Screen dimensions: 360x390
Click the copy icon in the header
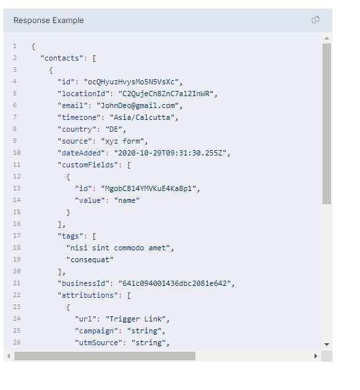pyautogui.click(x=315, y=20)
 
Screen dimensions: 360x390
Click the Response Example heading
pyautogui.click(x=49, y=20)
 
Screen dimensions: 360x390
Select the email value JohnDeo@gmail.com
pyautogui.click(x=138, y=105)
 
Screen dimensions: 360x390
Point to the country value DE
pyautogui.click(x=114, y=129)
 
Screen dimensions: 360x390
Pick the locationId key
pyautogui.click(x=84, y=94)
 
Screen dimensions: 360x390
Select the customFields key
pyautogui.click(x=88, y=165)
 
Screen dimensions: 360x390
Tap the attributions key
pyautogui.click(x=88, y=295)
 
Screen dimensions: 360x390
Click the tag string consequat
pyautogui.click(x=90, y=260)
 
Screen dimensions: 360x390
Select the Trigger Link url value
pyautogui.click(x=136, y=319)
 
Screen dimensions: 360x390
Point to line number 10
pyautogui.click(x=16, y=153)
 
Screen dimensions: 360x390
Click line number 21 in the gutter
pyautogui.click(x=16, y=283)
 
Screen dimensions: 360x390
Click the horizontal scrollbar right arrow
pyautogui.click(x=316, y=356)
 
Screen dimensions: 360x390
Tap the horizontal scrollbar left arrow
pyautogui.click(x=9, y=356)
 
